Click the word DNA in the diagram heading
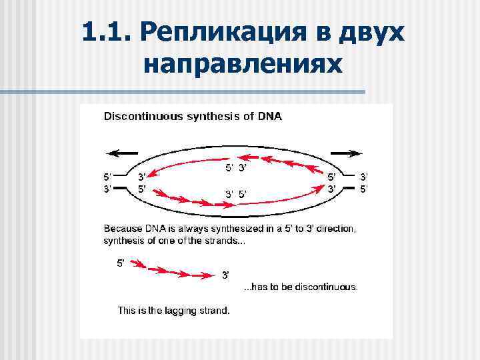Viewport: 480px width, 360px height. (270, 117)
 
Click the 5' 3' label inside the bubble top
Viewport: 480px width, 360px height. (236, 167)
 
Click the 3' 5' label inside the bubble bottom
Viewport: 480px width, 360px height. (236, 195)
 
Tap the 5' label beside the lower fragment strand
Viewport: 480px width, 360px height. (121, 263)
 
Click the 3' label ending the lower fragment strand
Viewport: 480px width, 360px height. (226, 275)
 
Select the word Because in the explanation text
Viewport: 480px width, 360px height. (123, 229)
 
